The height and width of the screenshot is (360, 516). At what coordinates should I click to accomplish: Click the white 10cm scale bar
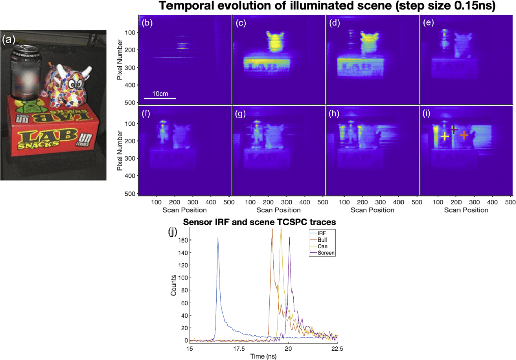click(159, 98)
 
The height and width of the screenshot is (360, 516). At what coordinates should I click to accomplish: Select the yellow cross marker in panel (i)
click(444, 136)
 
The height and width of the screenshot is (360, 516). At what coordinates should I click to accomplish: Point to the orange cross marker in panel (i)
click(464, 135)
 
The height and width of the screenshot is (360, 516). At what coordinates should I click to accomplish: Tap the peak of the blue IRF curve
click(218, 238)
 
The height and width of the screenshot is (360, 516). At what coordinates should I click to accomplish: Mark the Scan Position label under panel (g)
click(278, 210)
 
